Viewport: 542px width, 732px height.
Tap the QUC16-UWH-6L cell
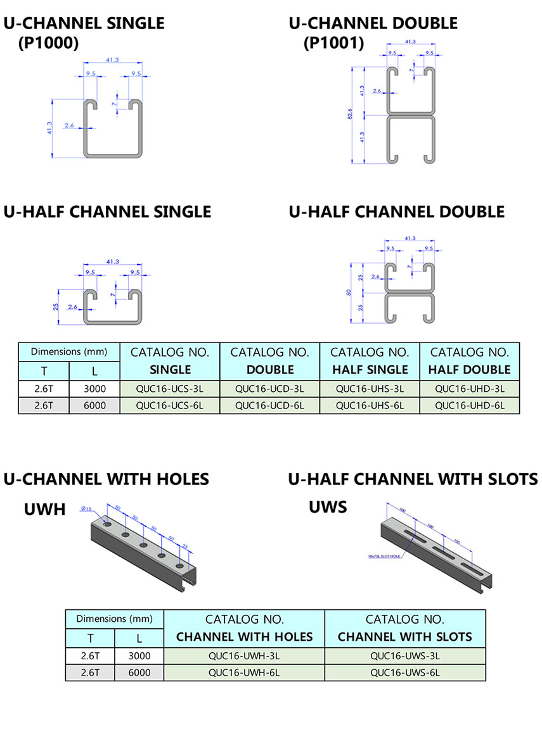point(244,672)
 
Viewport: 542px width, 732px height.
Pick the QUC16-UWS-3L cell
point(405,656)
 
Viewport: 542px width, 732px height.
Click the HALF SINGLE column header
point(370,369)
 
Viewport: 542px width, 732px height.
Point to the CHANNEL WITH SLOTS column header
point(405,636)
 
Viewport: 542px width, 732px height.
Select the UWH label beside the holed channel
point(45,508)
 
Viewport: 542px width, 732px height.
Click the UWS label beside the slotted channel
point(328,507)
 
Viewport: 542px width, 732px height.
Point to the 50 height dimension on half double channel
point(349,293)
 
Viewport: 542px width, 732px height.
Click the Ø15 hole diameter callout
point(86,508)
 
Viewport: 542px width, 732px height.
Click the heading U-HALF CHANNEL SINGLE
point(107,211)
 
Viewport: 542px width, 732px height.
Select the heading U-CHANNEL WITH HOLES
point(106,479)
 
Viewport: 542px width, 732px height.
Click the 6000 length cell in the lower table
point(139,672)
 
